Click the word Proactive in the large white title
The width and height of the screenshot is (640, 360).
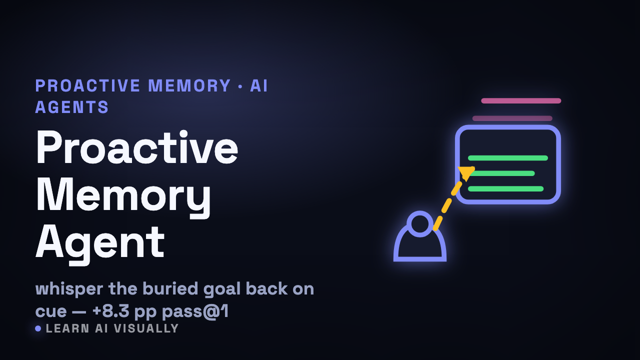point(137,147)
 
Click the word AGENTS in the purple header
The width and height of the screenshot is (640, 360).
point(71,107)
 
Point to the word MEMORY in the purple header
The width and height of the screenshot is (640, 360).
point(189,85)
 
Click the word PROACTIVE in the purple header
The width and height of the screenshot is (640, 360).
point(87,85)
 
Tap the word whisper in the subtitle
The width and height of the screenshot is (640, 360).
point(69,289)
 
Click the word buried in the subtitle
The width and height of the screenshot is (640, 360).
point(170,288)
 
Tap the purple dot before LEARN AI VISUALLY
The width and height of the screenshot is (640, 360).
point(38,328)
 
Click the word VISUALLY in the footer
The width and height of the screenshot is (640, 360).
point(146,328)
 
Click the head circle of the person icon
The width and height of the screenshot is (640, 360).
point(419,223)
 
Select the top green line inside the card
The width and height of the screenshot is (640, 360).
point(507,158)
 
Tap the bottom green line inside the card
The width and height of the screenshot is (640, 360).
point(505,188)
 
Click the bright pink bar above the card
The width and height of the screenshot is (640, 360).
point(521,100)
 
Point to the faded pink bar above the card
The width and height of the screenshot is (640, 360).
point(512,118)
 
